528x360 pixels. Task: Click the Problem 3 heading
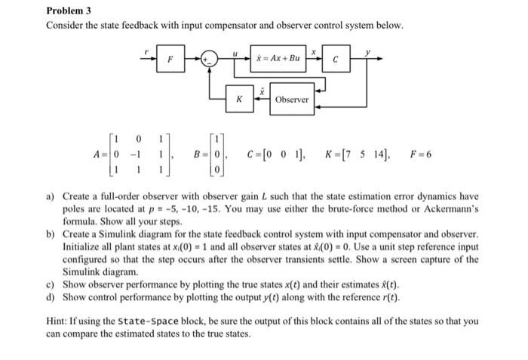click(69, 11)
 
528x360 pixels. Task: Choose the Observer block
click(292, 100)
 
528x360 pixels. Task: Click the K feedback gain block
click(238, 99)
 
